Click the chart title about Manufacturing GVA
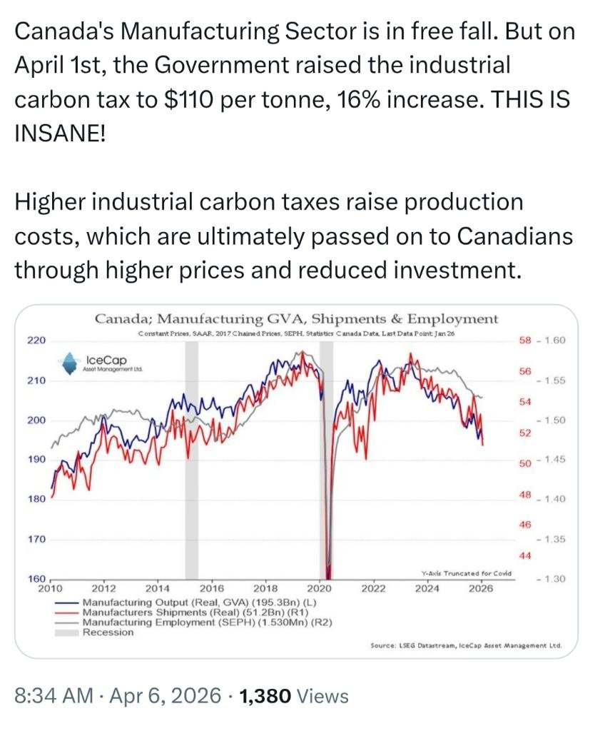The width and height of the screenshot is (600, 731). (x=296, y=318)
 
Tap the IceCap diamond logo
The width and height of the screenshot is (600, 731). (x=69, y=363)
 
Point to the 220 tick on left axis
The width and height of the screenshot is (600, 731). (x=36, y=340)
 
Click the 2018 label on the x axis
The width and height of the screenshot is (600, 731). (x=265, y=588)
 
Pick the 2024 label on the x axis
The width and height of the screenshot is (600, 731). (x=427, y=588)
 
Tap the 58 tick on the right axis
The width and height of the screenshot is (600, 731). (x=525, y=340)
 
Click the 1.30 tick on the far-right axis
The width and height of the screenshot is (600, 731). (x=551, y=578)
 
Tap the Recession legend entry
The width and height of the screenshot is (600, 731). (x=108, y=632)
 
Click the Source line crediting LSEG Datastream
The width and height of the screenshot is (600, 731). (x=466, y=645)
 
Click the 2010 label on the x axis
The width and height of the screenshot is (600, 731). (x=50, y=588)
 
